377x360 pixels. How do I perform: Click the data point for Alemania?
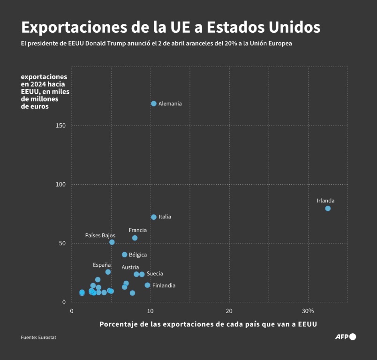[154, 104]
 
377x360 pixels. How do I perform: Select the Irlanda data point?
[328, 209]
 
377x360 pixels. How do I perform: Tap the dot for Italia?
[154, 217]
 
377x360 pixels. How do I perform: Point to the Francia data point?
[135, 238]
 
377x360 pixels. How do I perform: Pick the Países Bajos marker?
[112, 242]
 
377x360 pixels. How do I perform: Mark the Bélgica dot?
[125, 255]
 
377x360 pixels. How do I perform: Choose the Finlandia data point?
[147, 285]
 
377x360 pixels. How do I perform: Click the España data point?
[108, 272]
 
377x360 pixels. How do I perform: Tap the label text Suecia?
[155, 274]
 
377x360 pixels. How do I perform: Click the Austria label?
[130, 267]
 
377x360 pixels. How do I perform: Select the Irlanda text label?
[325, 201]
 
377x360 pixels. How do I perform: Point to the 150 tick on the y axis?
[60, 126]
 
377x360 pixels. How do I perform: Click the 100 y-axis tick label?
[60, 184]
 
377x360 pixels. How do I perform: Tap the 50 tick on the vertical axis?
[62, 243]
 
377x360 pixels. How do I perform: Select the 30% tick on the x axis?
[308, 311]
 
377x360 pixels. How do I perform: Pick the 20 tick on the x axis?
[229, 311]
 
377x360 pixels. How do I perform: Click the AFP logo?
[346, 337]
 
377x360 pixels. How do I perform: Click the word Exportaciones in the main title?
[73, 27]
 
